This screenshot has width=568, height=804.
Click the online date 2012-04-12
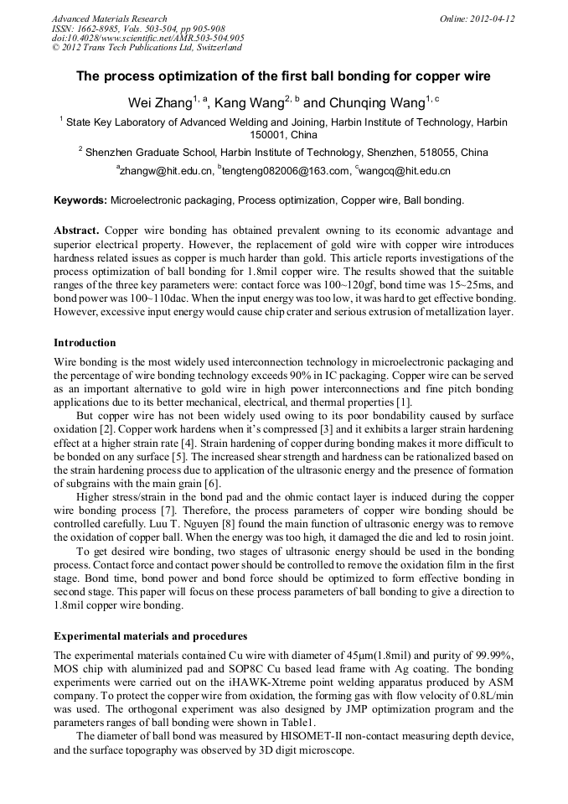[x=493, y=18]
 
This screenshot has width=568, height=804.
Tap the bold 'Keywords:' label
[x=80, y=200]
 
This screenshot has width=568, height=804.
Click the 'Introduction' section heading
[x=85, y=343]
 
